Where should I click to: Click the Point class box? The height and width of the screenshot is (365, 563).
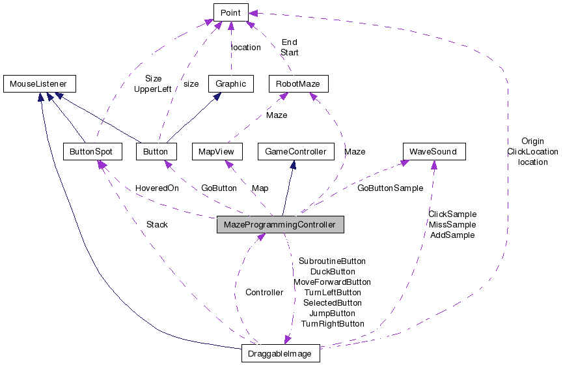[x=230, y=12]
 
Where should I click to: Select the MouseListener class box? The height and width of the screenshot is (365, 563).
[x=39, y=83]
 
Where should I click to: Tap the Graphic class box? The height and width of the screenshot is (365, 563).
[x=230, y=83]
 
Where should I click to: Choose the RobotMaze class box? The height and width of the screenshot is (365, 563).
[x=298, y=83]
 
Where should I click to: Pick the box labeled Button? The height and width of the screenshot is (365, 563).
[x=156, y=151]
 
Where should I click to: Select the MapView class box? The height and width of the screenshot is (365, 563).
[x=217, y=151]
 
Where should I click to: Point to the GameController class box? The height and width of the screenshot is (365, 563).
[x=295, y=151]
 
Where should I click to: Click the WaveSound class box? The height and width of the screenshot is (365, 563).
[x=433, y=151]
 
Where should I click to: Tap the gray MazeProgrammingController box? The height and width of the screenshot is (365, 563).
[x=280, y=225]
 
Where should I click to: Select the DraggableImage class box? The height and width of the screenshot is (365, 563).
[x=280, y=354]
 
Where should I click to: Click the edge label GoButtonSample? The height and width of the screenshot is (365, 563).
[x=390, y=188]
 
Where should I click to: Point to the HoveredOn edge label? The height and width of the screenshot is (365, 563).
[x=157, y=188]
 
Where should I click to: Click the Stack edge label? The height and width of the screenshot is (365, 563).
[x=157, y=224]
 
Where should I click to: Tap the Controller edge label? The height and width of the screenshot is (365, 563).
[x=264, y=292]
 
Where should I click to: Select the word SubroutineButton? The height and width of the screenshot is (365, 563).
[x=332, y=261]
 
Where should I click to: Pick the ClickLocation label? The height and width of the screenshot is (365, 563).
[x=532, y=151]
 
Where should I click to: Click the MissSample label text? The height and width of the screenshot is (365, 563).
[x=452, y=224]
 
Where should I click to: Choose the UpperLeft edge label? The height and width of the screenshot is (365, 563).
[x=152, y=89]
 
